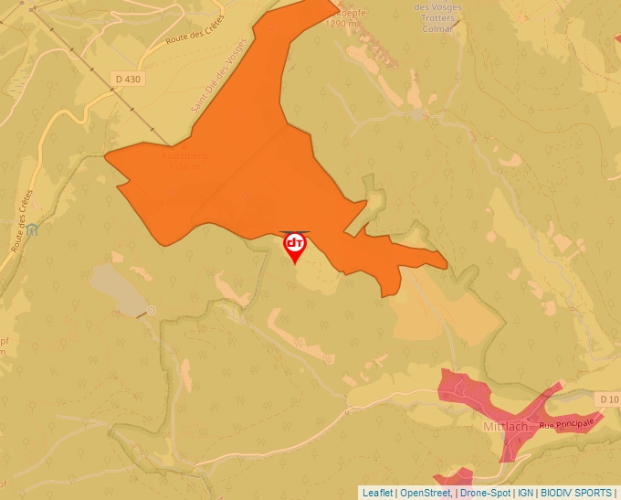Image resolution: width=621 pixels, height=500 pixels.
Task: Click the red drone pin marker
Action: (x=295, y=245)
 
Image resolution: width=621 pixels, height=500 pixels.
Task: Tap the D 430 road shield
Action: (x=130, y=80)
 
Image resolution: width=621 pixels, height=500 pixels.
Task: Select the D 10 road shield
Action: (x=610, y=399)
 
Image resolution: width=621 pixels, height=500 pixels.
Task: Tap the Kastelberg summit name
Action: (x=184, y=156)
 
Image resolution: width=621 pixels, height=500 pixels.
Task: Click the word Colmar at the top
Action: (x=437, y=28)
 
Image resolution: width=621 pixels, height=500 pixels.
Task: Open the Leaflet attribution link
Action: (x=377, y=493)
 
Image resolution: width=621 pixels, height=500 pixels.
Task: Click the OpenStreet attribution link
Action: (x=425, y=493)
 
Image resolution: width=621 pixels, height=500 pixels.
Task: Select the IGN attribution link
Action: (x=525, y=493)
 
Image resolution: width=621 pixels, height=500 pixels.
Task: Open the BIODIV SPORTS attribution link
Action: (x=576, y=493)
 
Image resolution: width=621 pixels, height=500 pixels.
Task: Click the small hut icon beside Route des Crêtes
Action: (x=33, y=229)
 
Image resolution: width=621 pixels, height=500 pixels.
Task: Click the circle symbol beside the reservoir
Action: (x=152, y=311)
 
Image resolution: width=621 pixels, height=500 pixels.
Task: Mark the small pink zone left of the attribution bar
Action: (x=455, y=476)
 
